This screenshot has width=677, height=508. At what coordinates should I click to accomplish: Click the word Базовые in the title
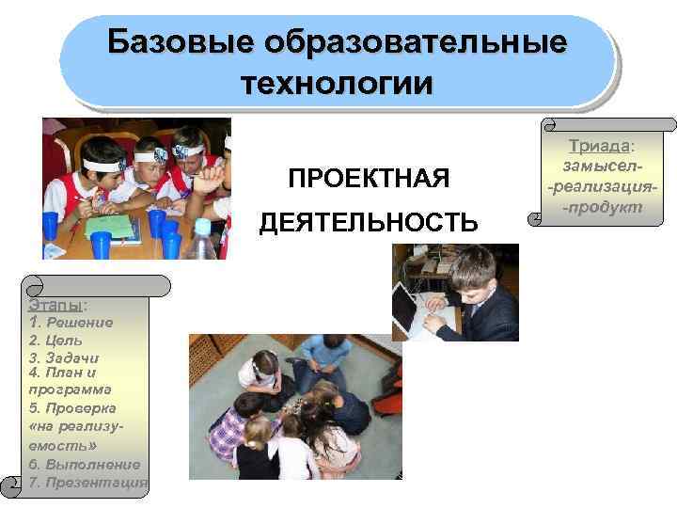click(181, 42)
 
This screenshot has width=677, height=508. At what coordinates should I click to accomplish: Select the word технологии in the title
click(337, 82)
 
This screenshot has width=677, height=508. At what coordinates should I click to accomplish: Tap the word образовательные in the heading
click(418, 42)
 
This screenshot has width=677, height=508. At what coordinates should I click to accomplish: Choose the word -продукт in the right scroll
click(598, 206)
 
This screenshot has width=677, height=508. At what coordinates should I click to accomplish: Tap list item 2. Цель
click(55, 341)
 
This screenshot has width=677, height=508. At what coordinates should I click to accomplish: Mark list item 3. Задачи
click(64, 357)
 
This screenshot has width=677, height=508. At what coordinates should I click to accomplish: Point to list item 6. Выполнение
click(84, 464)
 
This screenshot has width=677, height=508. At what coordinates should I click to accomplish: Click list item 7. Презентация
click(87, 483)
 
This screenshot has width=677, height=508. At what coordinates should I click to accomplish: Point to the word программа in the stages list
click(70, 389)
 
